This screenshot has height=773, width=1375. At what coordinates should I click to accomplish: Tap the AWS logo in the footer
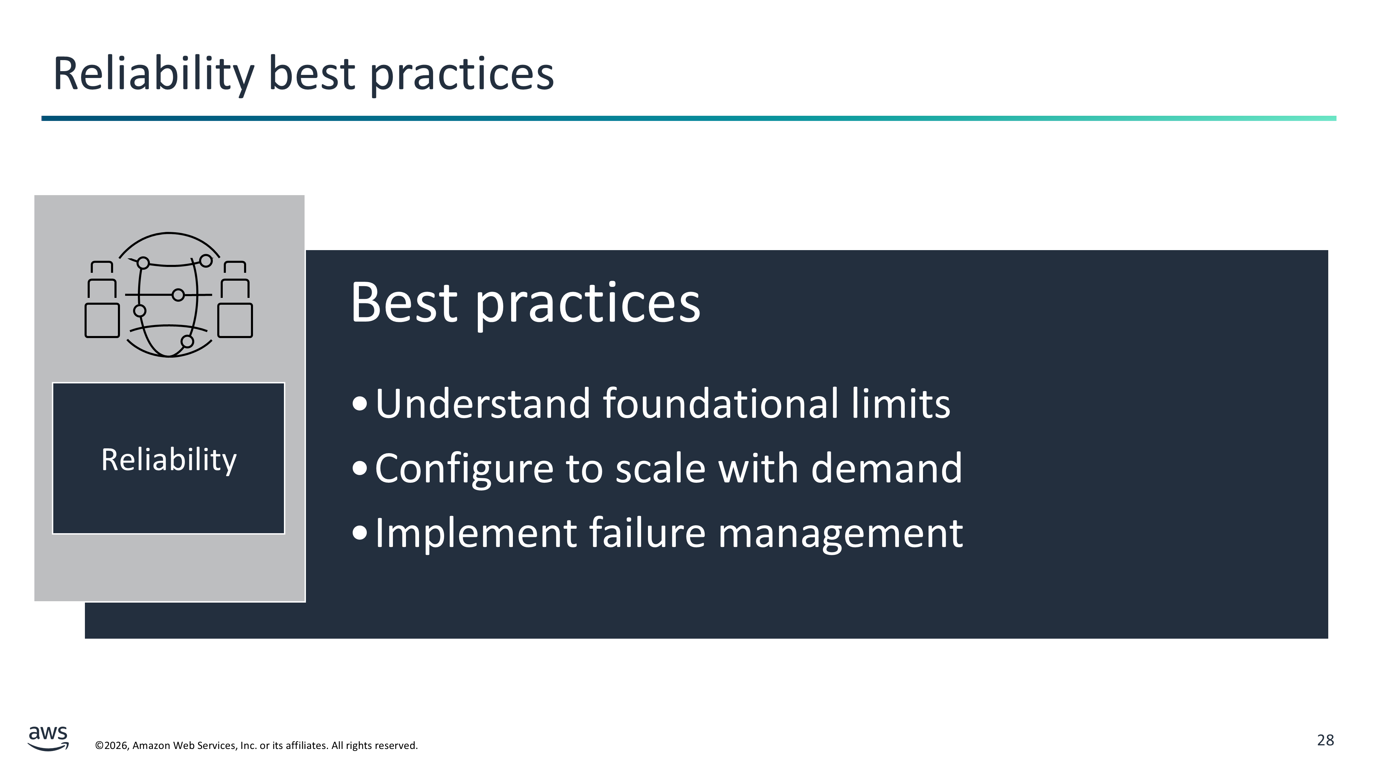[x=48, y=738]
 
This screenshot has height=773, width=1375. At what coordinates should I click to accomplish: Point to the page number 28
[x=1325, y=740]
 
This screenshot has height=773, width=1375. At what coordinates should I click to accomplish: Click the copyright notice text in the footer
[x=256, y=745]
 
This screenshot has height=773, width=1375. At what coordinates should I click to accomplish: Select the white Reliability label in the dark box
[x=169, y=460]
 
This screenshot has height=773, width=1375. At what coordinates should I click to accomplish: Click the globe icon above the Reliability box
[x=169, y=294]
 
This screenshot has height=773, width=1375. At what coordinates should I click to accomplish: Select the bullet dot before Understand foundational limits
[x=360, y=404]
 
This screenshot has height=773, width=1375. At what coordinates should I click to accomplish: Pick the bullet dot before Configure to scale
[x=360, y=468]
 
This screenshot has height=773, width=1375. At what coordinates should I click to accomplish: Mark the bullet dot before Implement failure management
[x=360, y=533]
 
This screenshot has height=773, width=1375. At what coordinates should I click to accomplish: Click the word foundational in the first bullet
[x=721, y=403]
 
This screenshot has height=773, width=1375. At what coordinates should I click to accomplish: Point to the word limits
[x=901, y=403]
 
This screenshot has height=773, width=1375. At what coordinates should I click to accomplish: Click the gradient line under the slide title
[x=689, y=119]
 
